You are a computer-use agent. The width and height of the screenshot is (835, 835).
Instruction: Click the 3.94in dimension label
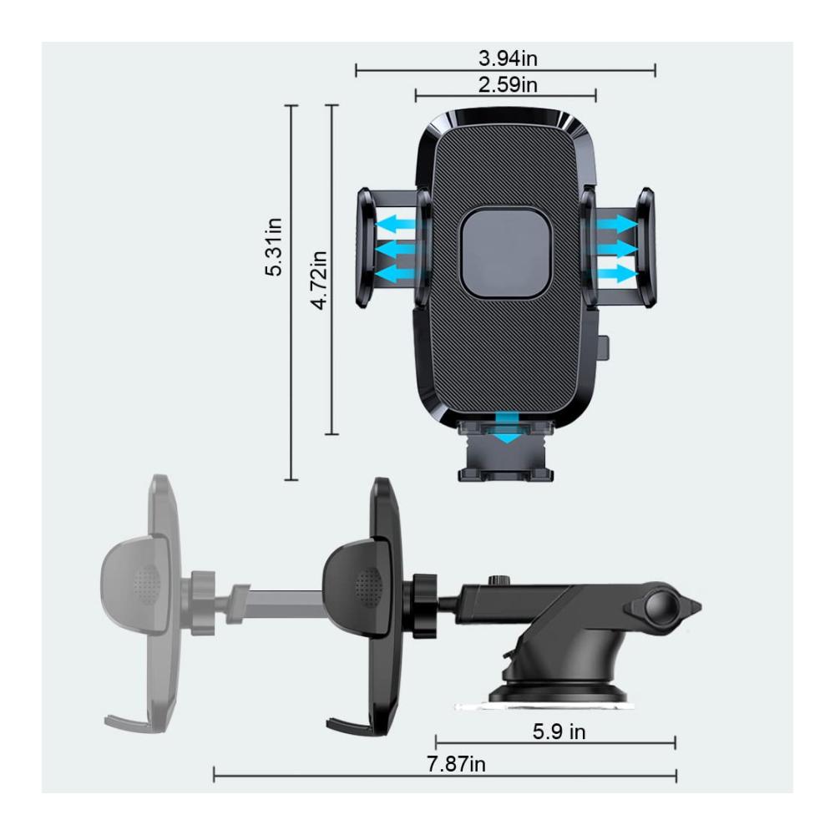coord(508,58)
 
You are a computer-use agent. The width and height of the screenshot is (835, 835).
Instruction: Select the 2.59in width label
coord(508,84)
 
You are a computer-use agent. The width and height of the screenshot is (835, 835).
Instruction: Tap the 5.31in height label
coord(274,246)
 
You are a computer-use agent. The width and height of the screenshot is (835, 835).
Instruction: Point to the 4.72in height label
coord(319,280)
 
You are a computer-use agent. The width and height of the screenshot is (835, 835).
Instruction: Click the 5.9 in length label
coord(559,731)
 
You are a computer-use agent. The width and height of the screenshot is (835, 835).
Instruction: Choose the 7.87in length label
coord(456,764)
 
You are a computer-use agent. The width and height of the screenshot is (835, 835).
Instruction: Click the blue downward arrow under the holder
coord(509,428)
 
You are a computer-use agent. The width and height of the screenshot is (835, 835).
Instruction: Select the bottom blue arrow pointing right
coord(617,274)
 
